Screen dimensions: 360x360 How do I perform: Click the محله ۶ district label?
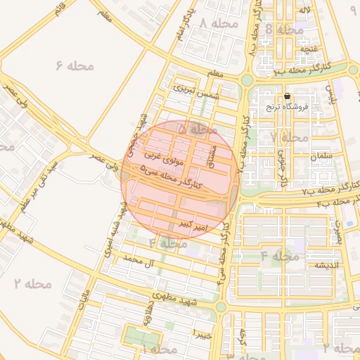point(75,65)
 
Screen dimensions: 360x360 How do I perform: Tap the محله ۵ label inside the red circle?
point(196,129)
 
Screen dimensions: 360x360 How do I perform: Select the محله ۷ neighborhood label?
point(289,137)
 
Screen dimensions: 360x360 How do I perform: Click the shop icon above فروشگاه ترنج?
point(287,96)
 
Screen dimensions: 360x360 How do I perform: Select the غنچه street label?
point(305,49)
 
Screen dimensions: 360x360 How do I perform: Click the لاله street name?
point(304,10)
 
